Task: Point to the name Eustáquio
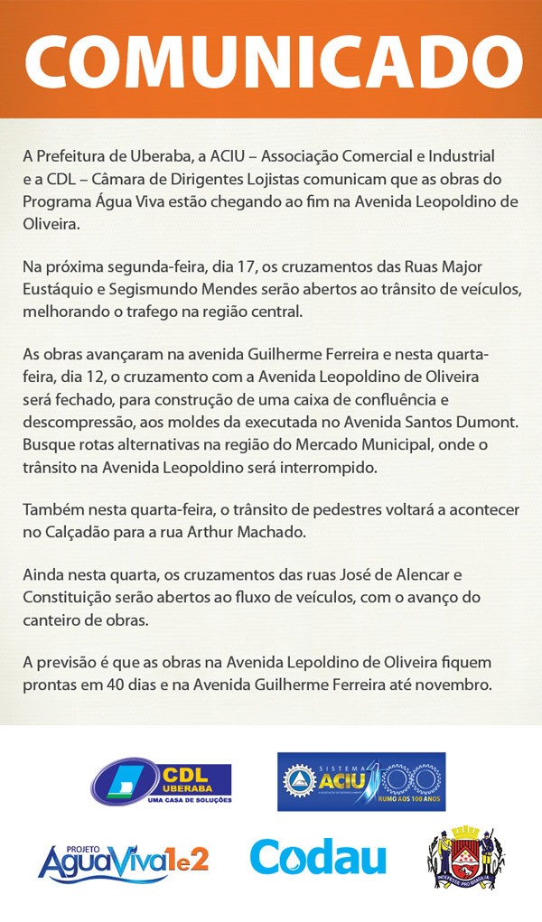click(x=61, y=291)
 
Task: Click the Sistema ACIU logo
click(x=361, y=781)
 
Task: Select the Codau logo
click(x=318, y=858)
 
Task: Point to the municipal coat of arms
click(x=465, y=855)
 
